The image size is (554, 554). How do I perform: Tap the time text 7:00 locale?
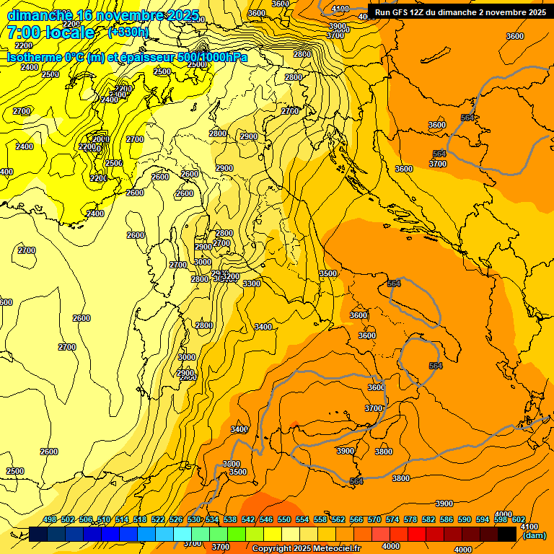pyautogui.click(x=51, y=32)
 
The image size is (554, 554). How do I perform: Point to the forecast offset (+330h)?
pyautogui.click(x=128, y=32)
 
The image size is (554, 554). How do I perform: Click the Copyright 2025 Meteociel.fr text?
pyautogui.click(x=306, y=549)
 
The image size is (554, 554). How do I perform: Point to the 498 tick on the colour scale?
pyautogui.click(x=50, y=519)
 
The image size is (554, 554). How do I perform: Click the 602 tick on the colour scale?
pyautogui.click(x=519, y=519)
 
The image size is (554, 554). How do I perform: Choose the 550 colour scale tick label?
pyautogui.click(x=284, y=519)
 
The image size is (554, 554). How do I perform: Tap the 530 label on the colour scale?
pyautogui.click(x=194, y=519)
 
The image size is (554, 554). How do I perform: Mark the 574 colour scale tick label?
pyautogui.click(x=392, y=519)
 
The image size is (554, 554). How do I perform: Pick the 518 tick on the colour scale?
pyautogui.click(x=140, y=519)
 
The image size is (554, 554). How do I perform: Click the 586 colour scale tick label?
pyautogui.click(x=447, y=519)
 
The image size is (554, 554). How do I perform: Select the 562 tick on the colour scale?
pyautogui.click(x=338, y=519)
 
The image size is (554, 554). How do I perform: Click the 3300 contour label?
pyautogui.click(x=252, y=283)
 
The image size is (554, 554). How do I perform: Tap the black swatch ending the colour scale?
pyautogui.click(x=507, y=534)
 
